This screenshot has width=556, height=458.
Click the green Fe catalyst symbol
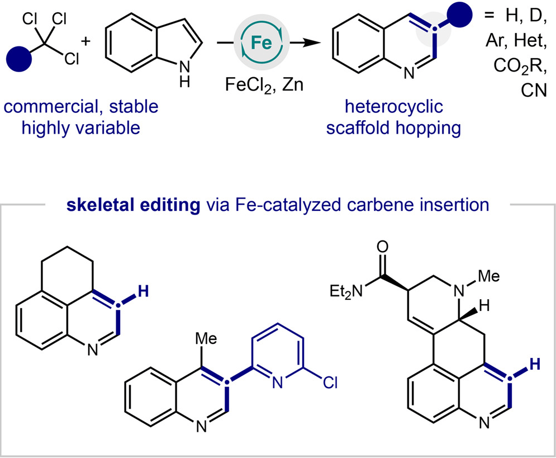[x=262, y=43]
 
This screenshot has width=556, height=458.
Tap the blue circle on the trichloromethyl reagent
[x=19, y=59]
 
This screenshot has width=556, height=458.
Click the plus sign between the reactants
[x=86, y=41]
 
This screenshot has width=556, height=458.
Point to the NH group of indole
[x=184, y=74]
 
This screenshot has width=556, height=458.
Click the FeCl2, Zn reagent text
[x=264, y=85]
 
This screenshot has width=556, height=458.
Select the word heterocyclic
[x=394, y=106]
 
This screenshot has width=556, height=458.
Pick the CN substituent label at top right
[x=534, y=90]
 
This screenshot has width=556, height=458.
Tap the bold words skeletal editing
[x=134, y=205]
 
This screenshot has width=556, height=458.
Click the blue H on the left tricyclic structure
[x=143, y=292]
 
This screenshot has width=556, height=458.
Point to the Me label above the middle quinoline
[x=206, y=338]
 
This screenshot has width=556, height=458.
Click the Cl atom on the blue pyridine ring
[x=330, y=383]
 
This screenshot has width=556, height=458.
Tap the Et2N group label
[x=346, y=291]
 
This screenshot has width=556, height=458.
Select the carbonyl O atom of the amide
[x=383, y=247]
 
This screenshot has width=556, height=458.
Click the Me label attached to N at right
[x=489, y=276]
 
